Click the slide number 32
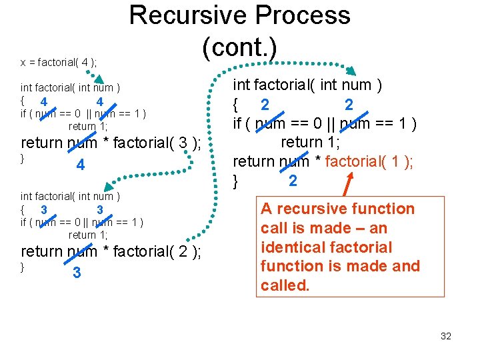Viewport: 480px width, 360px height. (446, 336)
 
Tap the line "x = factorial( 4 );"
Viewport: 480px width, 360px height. (59, 62)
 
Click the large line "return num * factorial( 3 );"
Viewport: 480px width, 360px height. (111, 143)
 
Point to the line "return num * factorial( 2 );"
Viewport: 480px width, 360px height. (111, 251)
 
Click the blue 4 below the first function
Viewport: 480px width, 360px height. (80, 165)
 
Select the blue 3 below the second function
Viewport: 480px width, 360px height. (77, 273)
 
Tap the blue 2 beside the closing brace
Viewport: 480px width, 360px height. (293, 181)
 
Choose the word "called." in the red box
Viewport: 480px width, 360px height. (285, 285)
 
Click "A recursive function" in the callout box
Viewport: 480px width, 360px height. (337, 209)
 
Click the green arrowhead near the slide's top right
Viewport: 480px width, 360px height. (354, 71)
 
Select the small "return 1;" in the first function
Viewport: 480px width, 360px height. (88, 125)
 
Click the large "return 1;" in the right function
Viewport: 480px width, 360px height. (310, 142)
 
